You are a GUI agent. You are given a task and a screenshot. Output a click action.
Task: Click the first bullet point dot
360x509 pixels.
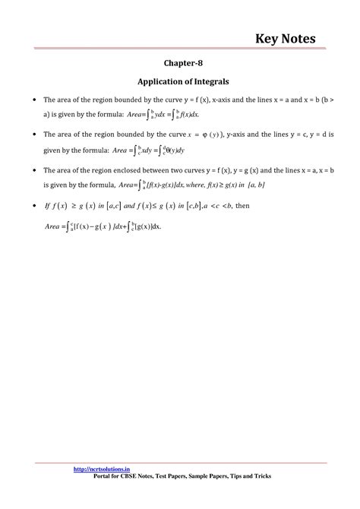(x=30, y=100)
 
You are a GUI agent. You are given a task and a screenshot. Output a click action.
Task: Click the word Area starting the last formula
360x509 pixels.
(x=52, y=226)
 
